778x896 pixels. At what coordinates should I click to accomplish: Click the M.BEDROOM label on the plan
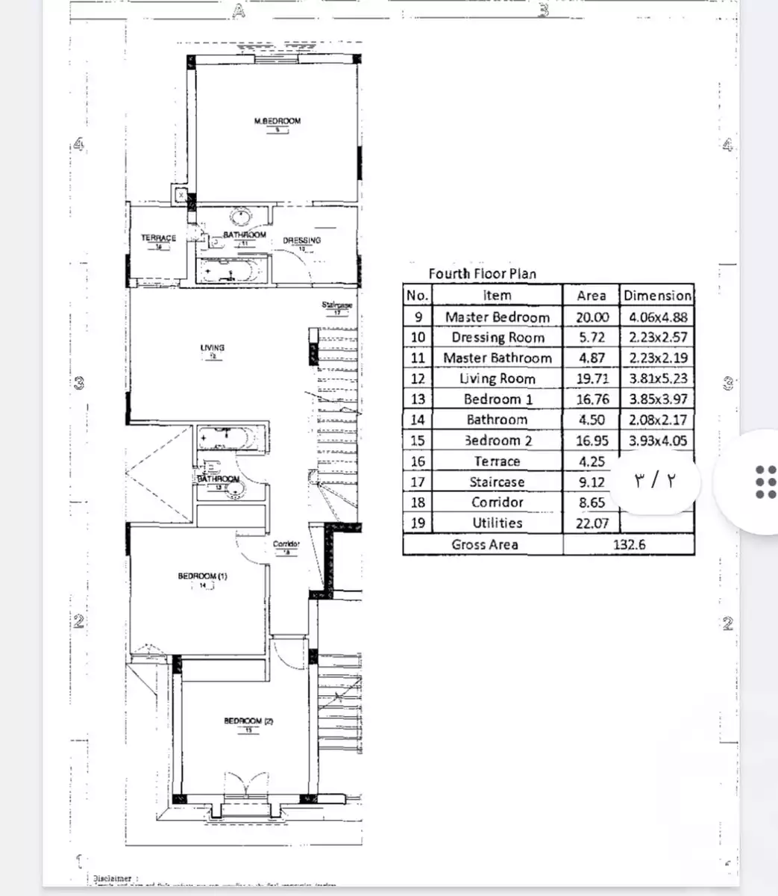pyautogui.click(x=277, y=121)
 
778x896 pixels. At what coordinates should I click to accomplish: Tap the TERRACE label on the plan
pyautogui.click(x=159, y=238)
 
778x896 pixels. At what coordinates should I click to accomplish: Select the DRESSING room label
pyautogui.click(x=302, y=240)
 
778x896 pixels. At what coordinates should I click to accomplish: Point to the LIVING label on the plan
pyautogui.click(x=213, y=347)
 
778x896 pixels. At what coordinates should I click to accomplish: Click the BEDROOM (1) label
pyautogui.click(x=202, y=576)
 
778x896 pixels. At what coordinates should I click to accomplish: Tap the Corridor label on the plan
pyautogui.click(x=286, y=544)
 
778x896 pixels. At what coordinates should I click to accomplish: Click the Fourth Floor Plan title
pyautogui.click(x=482, y=273)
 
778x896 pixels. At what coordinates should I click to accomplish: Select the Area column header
pyautogui.click(x=591, y=295)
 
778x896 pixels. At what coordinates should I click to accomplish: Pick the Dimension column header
pyautogui.click(x=657, y=295)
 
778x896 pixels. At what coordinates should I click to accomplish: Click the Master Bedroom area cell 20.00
pyautogui.click(x=592, y=317)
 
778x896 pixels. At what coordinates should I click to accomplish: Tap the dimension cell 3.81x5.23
pyautogui.click(x=657, y=379)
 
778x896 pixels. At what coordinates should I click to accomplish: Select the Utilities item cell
pyautogui.click(x=496, y=523)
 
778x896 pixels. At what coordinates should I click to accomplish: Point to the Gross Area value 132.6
pyautogui.click(x=629, y=544)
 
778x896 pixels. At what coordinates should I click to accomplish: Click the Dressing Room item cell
pyautogui.click(x=496, y=337)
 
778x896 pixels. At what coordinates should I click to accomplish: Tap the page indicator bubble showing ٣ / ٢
pyautogui.click(x=653, y=479)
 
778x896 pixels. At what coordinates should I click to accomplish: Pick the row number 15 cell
pyautogui.click(x=417, y=441)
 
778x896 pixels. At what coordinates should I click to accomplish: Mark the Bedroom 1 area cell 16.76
pyautogui.click(x=592, y=399)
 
